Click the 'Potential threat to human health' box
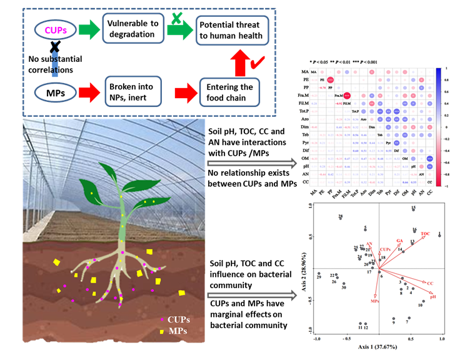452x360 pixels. coord(233,29)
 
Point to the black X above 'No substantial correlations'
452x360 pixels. coord(55,47)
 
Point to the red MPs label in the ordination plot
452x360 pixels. coord(374,301)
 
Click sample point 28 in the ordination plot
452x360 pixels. coord(341,235)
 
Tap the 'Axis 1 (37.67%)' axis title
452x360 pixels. coord(379,344)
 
